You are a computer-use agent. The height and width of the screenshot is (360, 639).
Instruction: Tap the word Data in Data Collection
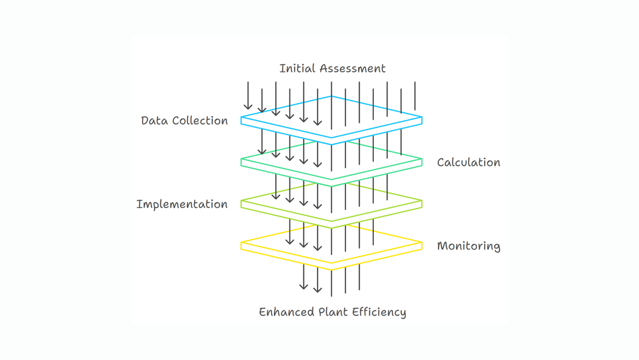tap(154, 121)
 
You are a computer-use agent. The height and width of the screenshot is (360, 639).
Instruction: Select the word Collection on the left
tap(199, 121)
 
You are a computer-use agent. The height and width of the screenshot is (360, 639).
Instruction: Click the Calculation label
tap(469, 162)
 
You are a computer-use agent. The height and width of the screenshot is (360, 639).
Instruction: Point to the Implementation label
tap(182, 205)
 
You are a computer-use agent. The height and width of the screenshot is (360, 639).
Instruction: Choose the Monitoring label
tap(469, 246)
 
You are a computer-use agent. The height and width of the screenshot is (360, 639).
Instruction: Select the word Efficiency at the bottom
tap(382, 312)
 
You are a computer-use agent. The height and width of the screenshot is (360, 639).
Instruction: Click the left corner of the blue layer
tap(241, 120)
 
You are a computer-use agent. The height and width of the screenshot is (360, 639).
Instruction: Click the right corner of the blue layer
tap(422, 120)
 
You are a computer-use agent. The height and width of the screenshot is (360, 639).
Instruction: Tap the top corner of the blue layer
tap(331, 97)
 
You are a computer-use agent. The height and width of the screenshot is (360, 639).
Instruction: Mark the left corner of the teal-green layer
tap(241, 162)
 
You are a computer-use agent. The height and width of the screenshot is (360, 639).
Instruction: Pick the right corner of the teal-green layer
tap(422, 162)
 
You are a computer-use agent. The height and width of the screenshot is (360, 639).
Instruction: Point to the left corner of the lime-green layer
tap(241, 204)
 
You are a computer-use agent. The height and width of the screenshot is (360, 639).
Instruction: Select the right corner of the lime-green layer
tap(422, 204)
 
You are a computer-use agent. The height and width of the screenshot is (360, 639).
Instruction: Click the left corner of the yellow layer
tap(241, 246)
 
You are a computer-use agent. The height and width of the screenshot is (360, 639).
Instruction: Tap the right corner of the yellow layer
tap(422, 246)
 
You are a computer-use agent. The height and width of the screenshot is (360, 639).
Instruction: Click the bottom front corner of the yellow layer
tap(331, 270)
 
